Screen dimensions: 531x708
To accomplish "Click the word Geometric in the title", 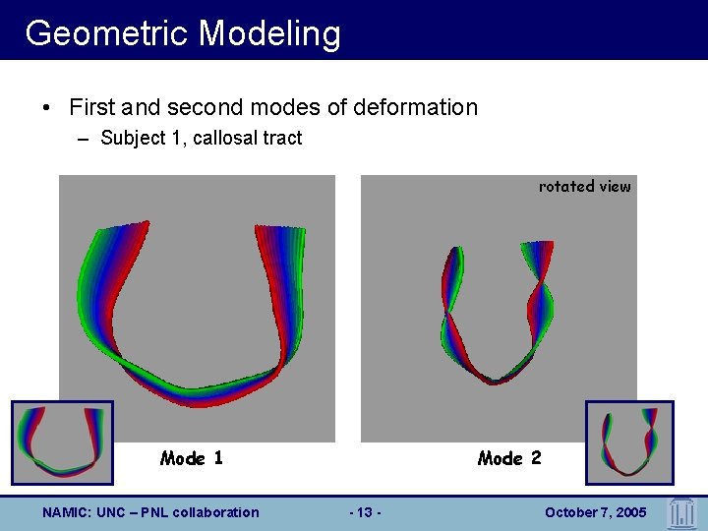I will [108, 33].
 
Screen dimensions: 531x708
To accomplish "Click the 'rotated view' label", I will [584, 186].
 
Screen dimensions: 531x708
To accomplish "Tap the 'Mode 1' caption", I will [191, 458].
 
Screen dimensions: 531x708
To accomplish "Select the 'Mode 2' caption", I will [508, 458].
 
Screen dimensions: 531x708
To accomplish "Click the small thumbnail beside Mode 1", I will [62, 442].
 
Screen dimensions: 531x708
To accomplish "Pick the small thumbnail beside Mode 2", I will [629, 442].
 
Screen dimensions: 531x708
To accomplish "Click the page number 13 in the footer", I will [366, 512].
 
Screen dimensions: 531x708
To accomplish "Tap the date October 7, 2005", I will [595, 512].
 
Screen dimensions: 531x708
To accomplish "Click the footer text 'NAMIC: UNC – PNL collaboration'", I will [150, 512].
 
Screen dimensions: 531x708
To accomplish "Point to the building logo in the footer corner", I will [680, 512].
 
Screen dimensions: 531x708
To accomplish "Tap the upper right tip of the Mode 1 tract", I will [280, 228].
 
